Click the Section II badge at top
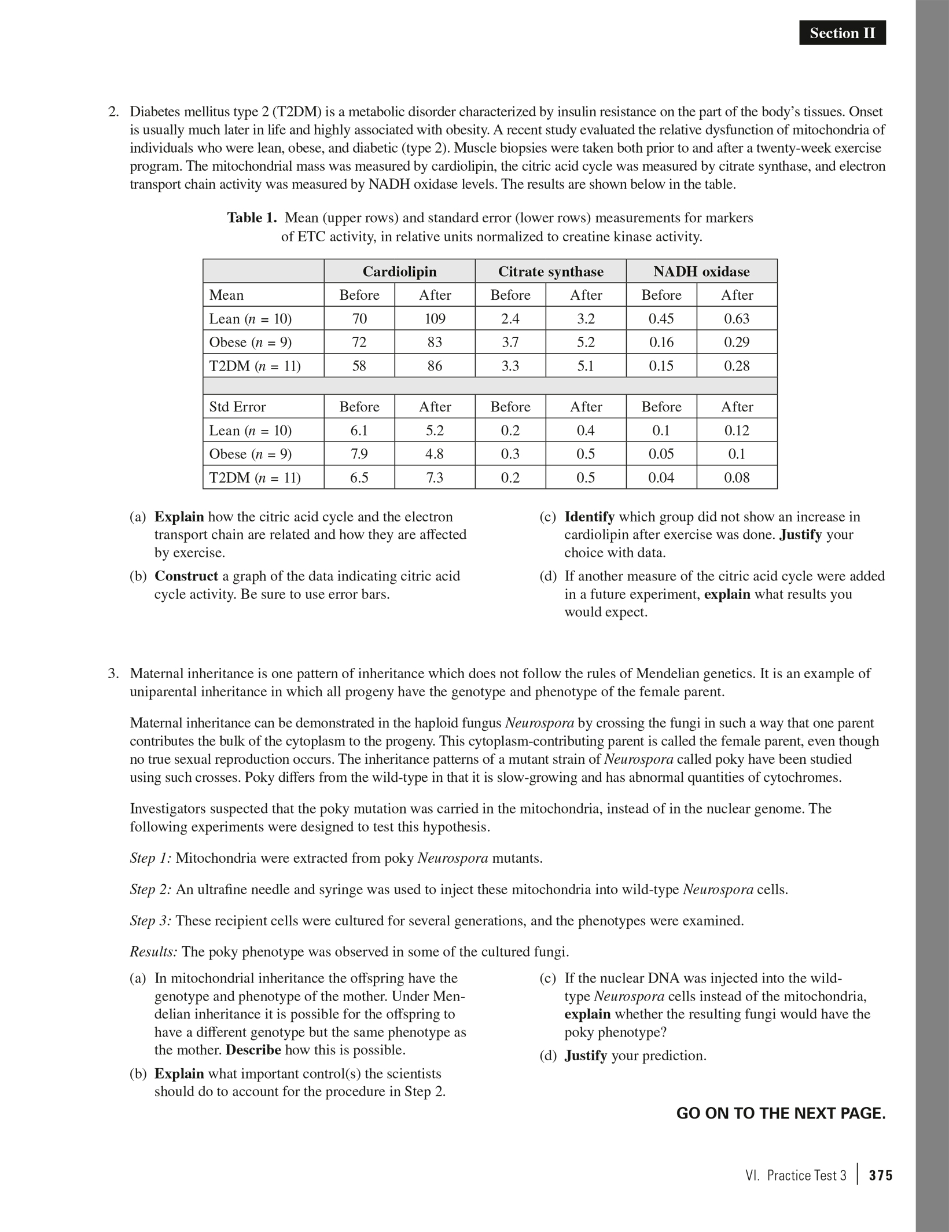842,34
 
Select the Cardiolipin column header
399,271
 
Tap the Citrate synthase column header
550,271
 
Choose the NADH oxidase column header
701,271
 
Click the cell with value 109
435,319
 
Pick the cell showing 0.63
737,319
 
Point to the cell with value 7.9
359,454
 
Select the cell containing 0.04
661,478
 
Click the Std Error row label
237,407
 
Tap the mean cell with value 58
359,366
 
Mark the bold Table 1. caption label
252,218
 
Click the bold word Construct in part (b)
186,576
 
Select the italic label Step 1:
150,858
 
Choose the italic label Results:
153,952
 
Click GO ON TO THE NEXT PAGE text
781,1114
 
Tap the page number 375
881,1176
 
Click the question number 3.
113,674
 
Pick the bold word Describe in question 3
253,1050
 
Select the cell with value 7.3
435,478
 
